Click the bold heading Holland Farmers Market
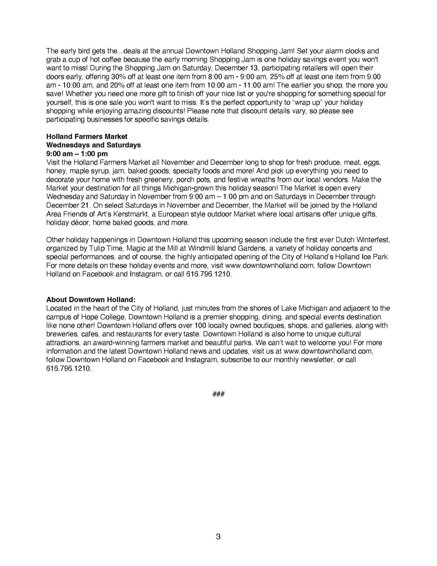point(87,136)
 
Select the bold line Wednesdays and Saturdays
point(93,145)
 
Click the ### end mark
point(218,394)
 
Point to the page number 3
point(218,536)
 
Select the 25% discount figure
point(277,77)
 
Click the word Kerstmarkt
point(131,214)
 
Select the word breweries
point(58,334)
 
